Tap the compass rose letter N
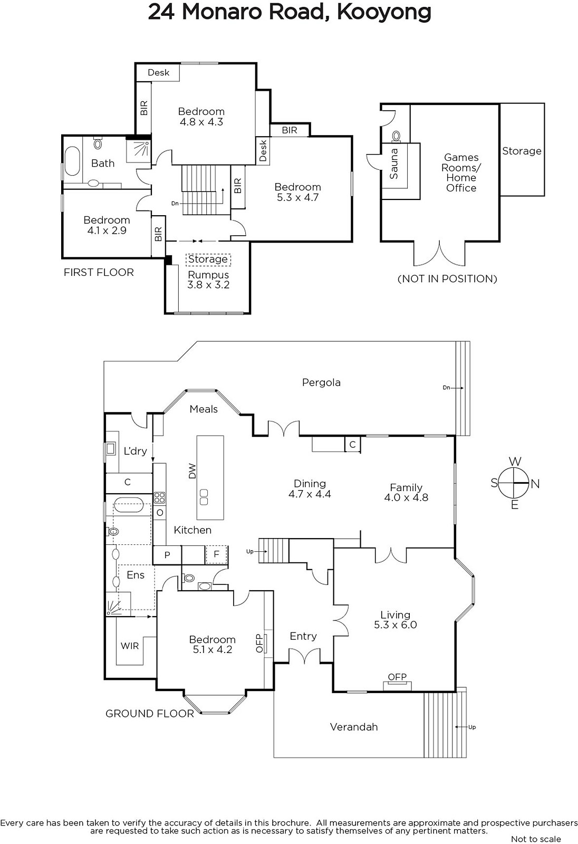click(x=535, y=484)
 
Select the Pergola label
click(x=321, y=382)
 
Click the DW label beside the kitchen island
click(x=192, y=471)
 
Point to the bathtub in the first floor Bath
click(x=72, y=161)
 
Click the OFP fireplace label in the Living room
click(x=397, y=677)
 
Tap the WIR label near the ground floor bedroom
click(x=130, y=646)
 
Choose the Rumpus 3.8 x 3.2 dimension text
click(x=208, y=285)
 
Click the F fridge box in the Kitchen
click(x=216, y=554)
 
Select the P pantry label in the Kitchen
click(x=167, y=554)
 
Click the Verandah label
click(x=354, y=727)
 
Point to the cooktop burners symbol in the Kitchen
click(x=159, y=497)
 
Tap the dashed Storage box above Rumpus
click(x=208, y=259)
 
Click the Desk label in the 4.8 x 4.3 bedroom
click(x=158, y=72)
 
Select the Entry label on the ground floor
click(x=303, y=636)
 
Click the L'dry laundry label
click(x=135, y=450)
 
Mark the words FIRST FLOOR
click(x=99, y=272)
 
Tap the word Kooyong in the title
click(x=384, y=13)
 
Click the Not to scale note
click(x=536, y=839)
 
